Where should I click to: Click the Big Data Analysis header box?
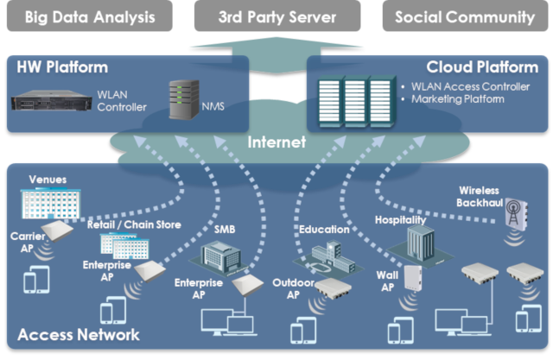[91, 16]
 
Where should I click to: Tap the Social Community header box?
[464, 16]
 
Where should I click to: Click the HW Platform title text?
[59, 66]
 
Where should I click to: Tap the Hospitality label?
[402, 221]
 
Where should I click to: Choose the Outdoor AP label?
[291, 288]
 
